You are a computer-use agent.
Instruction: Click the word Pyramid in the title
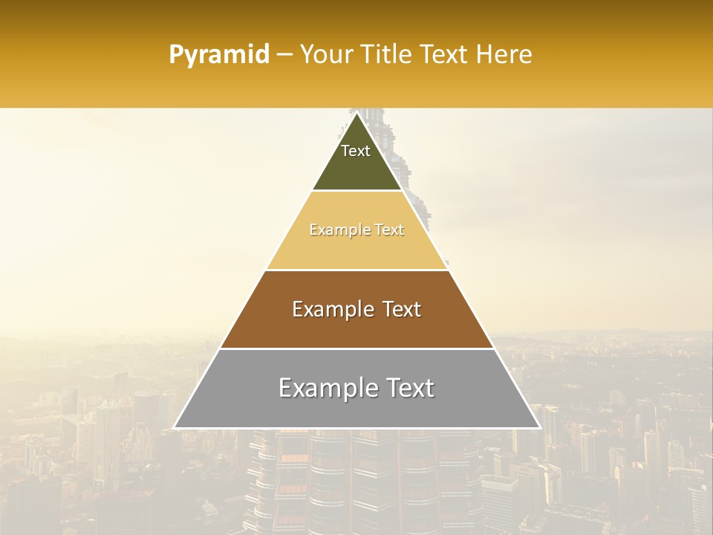tap(219, 55)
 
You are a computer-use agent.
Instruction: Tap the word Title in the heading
tap(387, 54)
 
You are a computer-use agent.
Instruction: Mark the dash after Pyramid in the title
tap(284, 55)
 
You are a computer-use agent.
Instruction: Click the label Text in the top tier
tap(356, 151)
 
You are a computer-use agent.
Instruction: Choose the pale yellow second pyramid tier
tap(357, 249)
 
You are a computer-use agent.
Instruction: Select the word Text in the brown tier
tap(400, 309)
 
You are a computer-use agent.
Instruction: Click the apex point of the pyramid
tap(357, 112)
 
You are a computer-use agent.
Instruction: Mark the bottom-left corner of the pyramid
tap(174, 428)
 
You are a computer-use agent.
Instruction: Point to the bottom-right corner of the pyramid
tap(540, 428)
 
